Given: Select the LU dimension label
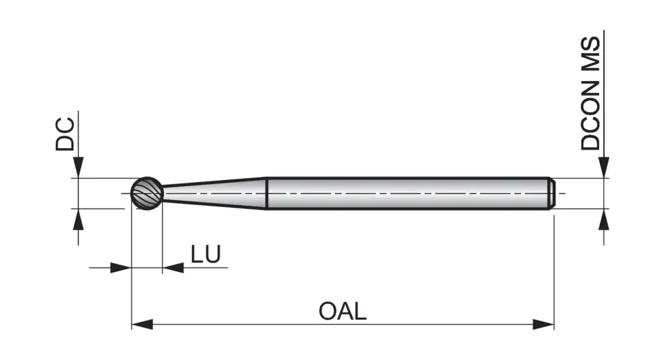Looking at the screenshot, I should click(206, 255).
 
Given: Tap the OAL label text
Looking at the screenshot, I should click(342, 311).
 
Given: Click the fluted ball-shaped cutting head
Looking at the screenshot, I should click(148, 192).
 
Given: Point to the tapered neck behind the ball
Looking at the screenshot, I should click(215, 192).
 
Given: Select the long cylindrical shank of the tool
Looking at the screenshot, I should click(409, 192).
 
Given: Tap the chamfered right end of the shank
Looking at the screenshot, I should click(552, 192).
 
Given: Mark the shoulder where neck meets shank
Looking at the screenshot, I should click(267, 192).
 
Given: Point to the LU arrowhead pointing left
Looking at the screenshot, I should click(172, 268).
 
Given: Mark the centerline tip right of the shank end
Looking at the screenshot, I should click(562, 193).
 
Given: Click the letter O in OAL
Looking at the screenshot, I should click(328, 311).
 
